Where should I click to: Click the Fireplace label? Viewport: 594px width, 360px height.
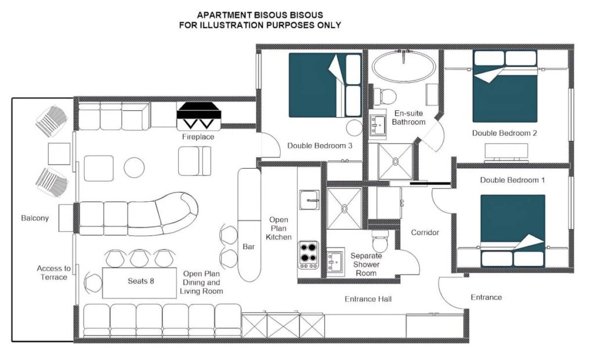[198, 137]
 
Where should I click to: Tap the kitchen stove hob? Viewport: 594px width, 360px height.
[307, 254]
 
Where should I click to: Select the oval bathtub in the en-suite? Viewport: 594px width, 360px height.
[404, 66]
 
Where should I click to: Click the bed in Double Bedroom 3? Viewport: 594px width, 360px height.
[325, 85]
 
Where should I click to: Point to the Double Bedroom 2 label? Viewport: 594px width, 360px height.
[504, 133]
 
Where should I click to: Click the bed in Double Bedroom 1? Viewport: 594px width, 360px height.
[513, 231]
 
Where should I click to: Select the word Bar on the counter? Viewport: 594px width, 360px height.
[248, 246]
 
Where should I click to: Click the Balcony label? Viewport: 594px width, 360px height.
[35, 218]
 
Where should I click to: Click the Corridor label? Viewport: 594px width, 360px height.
[425, 232]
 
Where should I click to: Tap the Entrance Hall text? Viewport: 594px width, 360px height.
[368, 299]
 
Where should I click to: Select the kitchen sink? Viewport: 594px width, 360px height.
[309, 200]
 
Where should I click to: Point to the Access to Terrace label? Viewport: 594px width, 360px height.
[54, 272]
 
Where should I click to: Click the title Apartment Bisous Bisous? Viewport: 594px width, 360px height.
[260, 15]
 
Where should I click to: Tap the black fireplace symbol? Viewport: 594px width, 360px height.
[199, 111]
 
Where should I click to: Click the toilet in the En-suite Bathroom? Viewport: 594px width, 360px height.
[383, 96]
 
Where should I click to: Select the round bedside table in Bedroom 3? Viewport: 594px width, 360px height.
[354, 128]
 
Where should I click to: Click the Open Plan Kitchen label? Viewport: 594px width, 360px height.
[278, 228]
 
